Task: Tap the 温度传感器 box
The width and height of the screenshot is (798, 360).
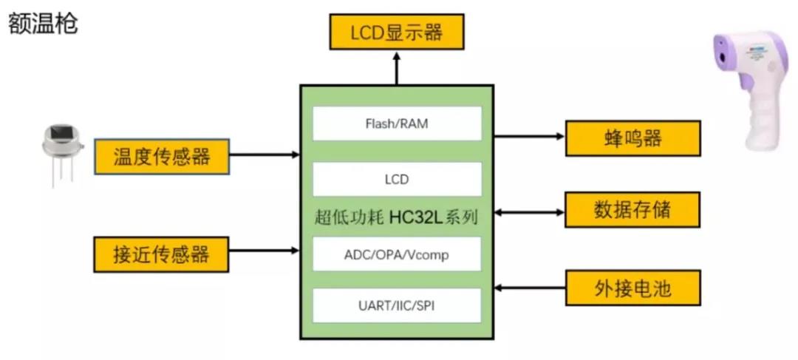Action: pos(161,156)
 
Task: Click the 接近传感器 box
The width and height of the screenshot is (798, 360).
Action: pos(161,255)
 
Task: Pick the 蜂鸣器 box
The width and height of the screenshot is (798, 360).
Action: pos(632,138)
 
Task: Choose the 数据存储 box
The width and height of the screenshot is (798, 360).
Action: pos(632,210)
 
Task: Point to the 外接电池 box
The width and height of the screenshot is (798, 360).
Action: pos(632,287)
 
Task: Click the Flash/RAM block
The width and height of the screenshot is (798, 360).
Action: pos(397,123)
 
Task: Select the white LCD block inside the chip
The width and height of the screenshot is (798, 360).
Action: pos(397,179)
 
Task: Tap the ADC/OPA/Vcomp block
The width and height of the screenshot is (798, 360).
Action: pos(397,255)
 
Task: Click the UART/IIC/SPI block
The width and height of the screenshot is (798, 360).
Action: pos(397,305)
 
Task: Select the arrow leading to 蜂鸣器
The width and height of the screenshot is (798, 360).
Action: pos(529,136)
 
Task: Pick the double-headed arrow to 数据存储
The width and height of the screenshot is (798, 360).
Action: pos(529,213)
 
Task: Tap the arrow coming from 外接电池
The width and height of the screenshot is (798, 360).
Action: pos(529,287)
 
